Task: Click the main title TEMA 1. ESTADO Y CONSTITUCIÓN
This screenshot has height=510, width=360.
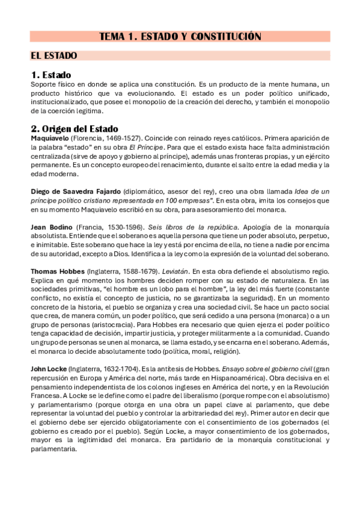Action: coord(180,37)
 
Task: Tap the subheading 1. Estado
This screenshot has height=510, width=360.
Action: coord(51,75)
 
